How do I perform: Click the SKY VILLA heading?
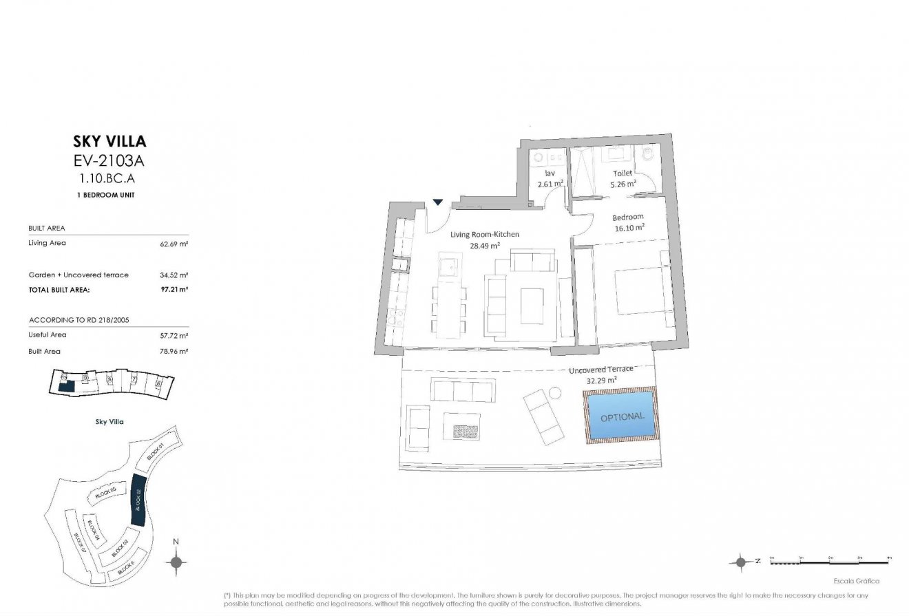click(x=109, y=142)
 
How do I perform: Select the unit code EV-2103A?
click(x=109, y=162)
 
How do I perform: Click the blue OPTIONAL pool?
click(x=621, y=417)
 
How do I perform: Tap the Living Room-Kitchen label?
click(x=485, y=235)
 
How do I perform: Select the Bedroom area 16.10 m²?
click(x=629, y=226)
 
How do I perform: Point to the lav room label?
click(x=550, y=173)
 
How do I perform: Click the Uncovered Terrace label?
click(x=600, y=370)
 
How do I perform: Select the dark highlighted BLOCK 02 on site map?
click(x=138, y=502)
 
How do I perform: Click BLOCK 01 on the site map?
click(x=155, y=452)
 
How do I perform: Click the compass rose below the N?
click(x=176, y=562)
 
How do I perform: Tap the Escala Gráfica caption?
click(x=855, y=581)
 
